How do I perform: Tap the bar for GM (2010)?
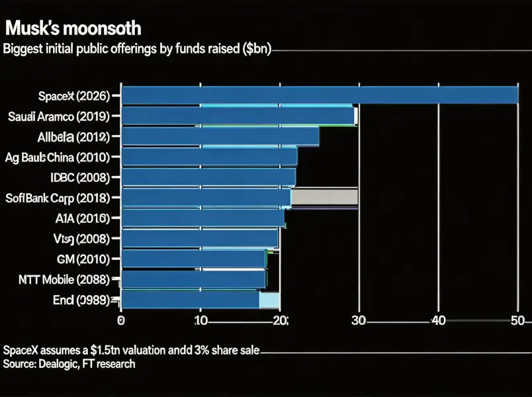[193, 258]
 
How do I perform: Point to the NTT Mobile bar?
[193, 279]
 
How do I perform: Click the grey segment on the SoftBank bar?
[324, 197]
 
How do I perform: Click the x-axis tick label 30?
[359, 321]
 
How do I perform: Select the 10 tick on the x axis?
[200, 321]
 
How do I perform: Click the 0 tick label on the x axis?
[121, 321]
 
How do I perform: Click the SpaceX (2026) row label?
[75, 97]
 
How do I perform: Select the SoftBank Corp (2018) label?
[60, 197]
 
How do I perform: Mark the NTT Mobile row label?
[60, 279]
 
